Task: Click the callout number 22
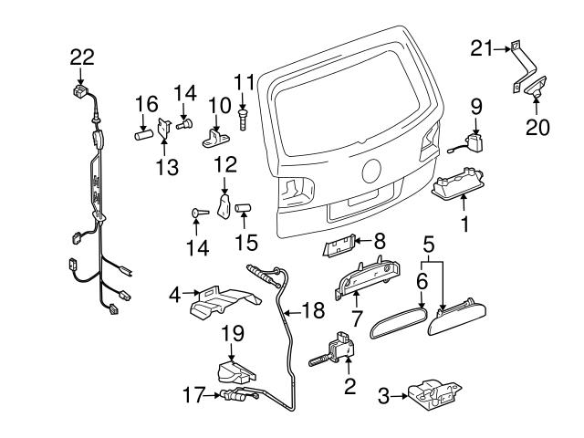pyautogui.click(x=82, y=57)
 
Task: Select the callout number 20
pyautogui.click(x=538, y=127)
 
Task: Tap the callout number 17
pyautogui.click(x=191, y=395)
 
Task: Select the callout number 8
pyautogui.click(x=380, y=241)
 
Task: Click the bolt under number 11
pyautogui.click(x=245, y=117)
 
